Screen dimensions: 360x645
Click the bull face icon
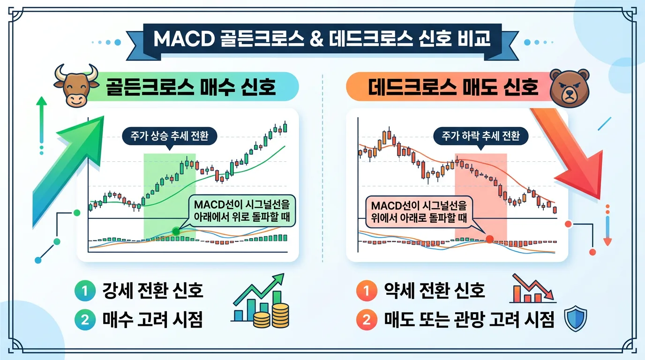point(76,85)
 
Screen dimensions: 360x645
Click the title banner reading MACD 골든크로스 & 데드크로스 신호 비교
point(322,39)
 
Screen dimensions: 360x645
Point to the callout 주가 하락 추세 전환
point(481,136)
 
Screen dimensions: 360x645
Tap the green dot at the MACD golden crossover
point(176,231)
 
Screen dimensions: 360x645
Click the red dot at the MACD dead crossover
point(490,239)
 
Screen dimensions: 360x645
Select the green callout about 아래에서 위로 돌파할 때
point(242,211)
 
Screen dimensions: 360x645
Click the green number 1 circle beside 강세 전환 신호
point(84,291)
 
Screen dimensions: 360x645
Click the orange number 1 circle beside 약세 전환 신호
point(366,291)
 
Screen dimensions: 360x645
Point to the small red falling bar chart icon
point(532,290)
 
